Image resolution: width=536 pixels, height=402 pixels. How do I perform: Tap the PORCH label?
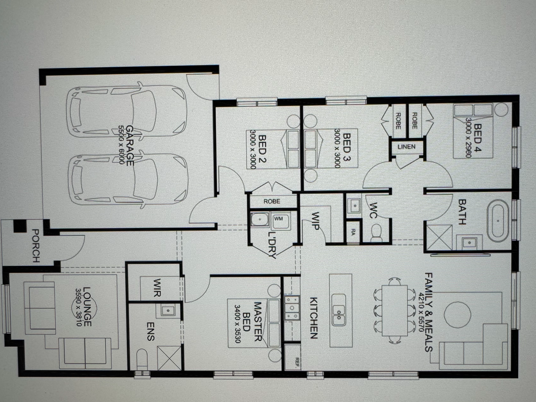36,245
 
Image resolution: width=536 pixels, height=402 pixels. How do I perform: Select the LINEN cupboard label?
406,147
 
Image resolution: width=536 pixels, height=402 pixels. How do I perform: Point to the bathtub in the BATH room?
498,221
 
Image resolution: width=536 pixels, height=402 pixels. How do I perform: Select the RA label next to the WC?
353,231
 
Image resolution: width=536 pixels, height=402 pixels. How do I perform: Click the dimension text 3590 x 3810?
78,307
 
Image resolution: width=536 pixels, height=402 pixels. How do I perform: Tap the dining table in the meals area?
394,311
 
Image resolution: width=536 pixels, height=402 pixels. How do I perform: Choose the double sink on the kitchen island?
339,310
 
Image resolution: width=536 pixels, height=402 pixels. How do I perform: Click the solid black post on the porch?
19,226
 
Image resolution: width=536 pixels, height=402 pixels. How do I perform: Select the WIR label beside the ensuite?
157,287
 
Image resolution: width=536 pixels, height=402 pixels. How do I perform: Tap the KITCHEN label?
314,318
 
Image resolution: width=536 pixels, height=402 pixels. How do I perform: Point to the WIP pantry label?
315,221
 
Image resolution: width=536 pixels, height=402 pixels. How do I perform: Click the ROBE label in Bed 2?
272,201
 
